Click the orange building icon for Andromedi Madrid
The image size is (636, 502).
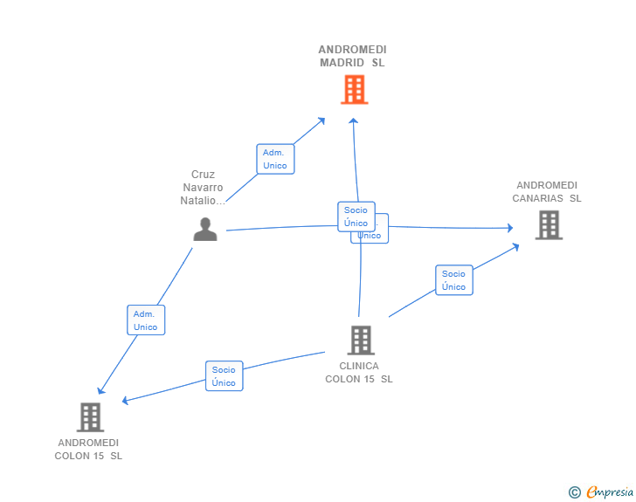click(354, 89)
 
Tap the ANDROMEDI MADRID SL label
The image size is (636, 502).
click(352, 56)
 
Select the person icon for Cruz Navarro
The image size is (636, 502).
click(205, 229)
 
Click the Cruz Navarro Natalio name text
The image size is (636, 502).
click(203, 188)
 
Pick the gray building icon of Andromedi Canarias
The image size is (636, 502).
click(549, 225)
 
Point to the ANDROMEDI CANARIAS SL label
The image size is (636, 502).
click(547, 191)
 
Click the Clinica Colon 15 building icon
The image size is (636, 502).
click(360, 340)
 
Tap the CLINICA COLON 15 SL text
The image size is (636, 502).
click(359, 373)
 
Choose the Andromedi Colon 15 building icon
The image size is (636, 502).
click(90, 416)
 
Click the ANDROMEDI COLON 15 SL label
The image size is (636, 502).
click(88, 449)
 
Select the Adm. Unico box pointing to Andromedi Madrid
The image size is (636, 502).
click(274, 159)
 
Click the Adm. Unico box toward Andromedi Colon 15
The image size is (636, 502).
click(146, 320)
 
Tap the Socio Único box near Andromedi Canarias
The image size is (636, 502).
click(453, 280)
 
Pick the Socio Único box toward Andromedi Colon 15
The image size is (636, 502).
click(224, 376)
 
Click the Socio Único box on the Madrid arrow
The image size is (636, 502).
click(356, 217)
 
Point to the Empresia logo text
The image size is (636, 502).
click(609, 492)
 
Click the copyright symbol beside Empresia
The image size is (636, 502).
click(574, 492)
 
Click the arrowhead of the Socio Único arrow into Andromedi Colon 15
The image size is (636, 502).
click(126, 401)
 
